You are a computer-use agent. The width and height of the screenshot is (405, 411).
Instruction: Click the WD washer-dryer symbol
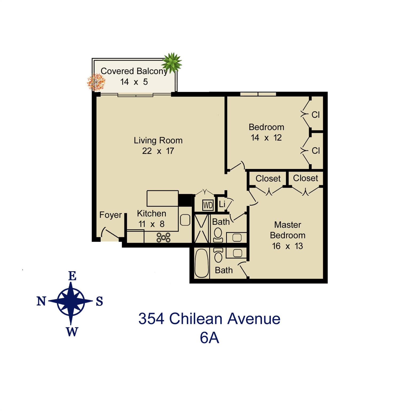(x=208, y=205)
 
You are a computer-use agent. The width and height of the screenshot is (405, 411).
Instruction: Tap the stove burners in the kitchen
(x=163, y=237)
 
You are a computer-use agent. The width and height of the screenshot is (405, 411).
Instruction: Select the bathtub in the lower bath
(x=201, y=264)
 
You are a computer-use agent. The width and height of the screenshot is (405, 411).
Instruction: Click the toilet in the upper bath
(x=218, y=235)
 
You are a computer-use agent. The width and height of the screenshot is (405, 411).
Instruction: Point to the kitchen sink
(x=185, y=220)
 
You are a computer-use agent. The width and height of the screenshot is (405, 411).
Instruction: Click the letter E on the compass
(x=72, y=276)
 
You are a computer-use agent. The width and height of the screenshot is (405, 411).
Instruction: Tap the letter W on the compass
(x=72, y=332)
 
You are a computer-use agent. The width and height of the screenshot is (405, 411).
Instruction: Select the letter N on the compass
(x=41, y=301)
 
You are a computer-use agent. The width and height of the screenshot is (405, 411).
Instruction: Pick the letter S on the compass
(x=99, y=302)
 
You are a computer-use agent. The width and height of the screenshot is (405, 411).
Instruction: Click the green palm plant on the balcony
(x=172, y=62)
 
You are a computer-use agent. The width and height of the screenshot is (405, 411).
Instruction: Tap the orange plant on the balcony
(x=96, y=81)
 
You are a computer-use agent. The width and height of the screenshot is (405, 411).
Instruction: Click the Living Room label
(x=158, y=140)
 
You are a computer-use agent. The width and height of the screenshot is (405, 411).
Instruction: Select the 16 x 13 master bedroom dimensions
(x=287, y=246)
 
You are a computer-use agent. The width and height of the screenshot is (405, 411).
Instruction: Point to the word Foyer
(x=110, y=215)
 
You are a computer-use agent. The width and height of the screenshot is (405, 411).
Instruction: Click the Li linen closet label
(x=222, y=204)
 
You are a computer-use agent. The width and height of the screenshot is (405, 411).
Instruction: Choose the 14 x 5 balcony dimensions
(x=134, y=82)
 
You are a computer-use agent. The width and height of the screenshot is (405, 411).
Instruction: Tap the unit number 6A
(x=209, y=338)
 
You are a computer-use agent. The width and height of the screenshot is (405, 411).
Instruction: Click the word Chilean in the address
(x=196, y=319)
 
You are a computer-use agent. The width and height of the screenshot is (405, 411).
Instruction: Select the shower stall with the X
(x=201, y=229)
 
